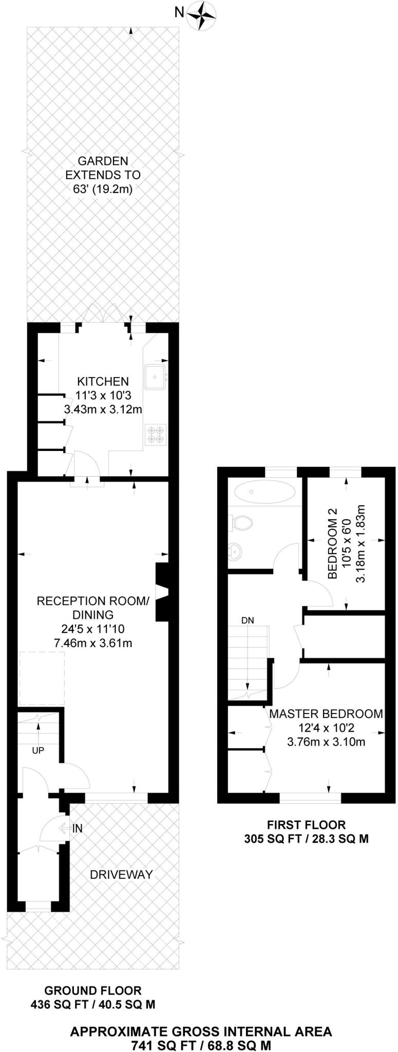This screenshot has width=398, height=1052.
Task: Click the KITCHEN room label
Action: tap(103, 381)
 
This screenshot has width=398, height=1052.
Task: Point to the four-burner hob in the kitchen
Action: tap(155, 433)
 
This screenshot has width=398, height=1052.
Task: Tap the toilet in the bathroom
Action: tap(241, 523)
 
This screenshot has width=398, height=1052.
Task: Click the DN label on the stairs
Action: tap(248, 620)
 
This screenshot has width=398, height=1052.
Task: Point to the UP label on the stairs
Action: tap(38, 750)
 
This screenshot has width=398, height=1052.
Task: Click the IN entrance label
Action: tap(78, 828)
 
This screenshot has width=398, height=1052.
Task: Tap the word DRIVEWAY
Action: tap(121, 874)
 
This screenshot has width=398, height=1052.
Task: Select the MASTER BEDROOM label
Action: tap(326, 713)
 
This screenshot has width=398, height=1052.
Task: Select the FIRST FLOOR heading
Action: tap(306, 825)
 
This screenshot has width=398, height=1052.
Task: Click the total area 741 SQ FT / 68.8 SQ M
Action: tap(201, 1031)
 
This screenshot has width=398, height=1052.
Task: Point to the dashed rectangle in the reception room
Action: tap(42, 679)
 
